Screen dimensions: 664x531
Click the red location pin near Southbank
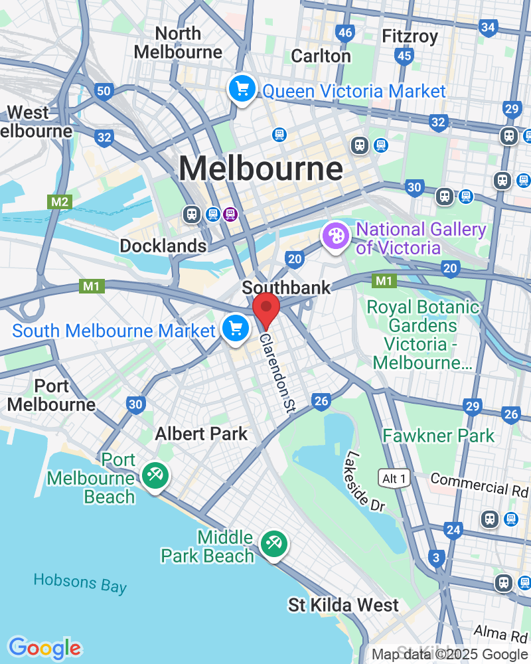[266, 309]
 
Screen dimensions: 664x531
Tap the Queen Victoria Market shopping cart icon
[242, 89]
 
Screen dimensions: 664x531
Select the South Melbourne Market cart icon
[235, 329]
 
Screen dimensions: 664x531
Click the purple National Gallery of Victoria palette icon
[335, 236]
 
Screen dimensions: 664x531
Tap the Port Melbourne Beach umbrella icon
[155, 476]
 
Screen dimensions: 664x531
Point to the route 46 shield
[345, 33]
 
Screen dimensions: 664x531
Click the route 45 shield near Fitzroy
[404, 56]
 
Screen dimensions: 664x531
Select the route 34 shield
[489, 27]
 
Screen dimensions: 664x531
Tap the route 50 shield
[103, 91]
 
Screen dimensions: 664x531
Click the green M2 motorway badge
[58, 201]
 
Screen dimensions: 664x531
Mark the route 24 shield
[453, 529]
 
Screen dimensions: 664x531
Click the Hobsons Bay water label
[80, 582]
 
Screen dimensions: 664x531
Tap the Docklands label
[163, 246]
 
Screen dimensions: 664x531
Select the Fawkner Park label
[438, 436]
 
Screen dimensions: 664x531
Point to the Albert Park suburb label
[201, 434]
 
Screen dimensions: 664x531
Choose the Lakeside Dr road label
[364, 481]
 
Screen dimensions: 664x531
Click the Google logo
[44, 648]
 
